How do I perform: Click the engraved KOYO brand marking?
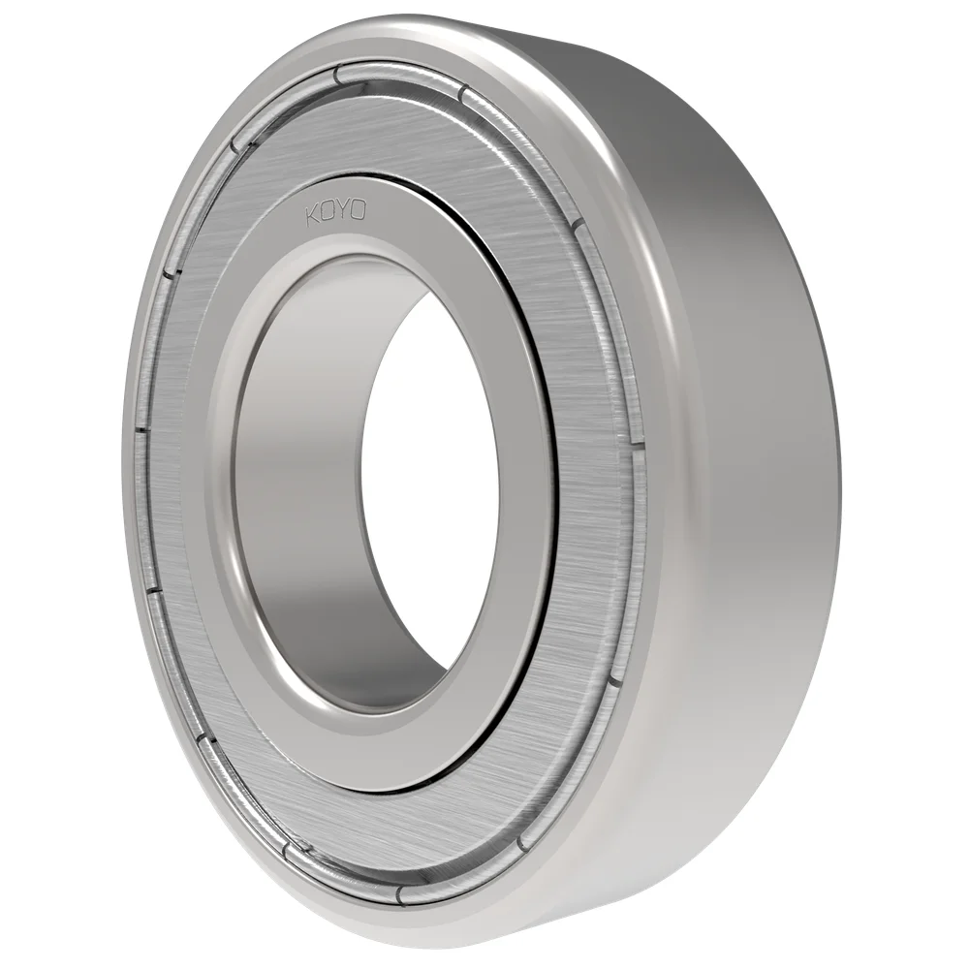pyautogui.click(x=336, y=211)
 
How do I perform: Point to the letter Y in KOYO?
pyautogui.click(x=344, y=210)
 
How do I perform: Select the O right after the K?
pyautogui.click(x=328, y=212)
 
